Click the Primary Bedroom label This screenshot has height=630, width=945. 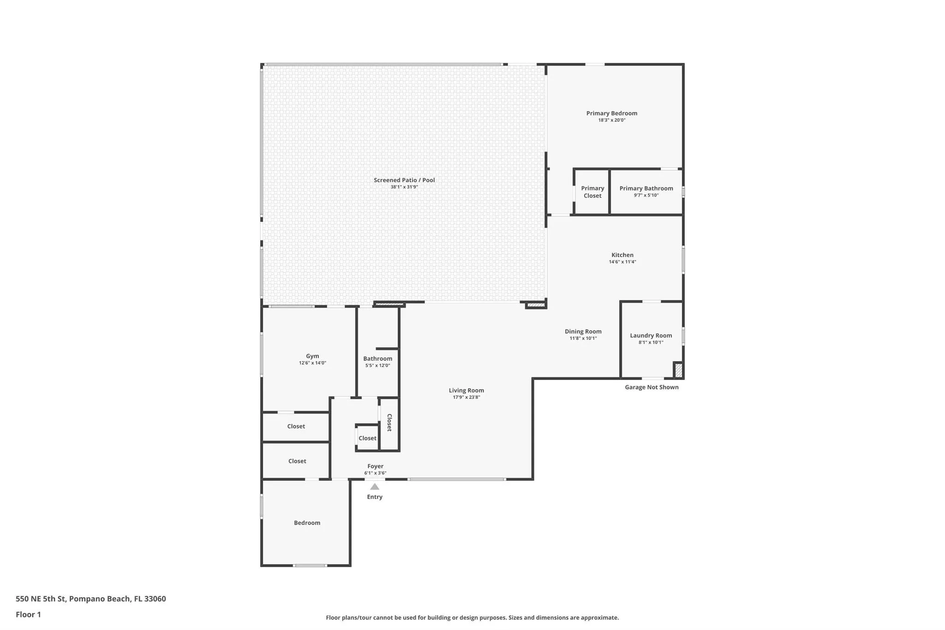click(x=611, y=113)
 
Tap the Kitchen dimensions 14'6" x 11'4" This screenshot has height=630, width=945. click(x=622, y=262)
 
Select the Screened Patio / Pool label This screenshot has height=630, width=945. click(x=404, y=180)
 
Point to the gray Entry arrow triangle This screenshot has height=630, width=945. click(x=375, y=486)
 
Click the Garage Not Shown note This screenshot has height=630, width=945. click(x=652, y=387)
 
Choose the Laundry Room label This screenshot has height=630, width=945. click(x=651, y=336)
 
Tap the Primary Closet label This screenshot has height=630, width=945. click(x=592, y=192)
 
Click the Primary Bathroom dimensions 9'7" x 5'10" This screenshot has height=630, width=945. click(x=646, y=195)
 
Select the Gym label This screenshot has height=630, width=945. click(x=312, y=356)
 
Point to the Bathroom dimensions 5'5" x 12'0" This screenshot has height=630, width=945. click(x=377, y=366)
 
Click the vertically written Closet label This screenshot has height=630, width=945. click(x=389, y=422)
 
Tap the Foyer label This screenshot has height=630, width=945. click(x=375, y=466)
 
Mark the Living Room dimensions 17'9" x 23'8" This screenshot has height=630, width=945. click(x=466, y=397)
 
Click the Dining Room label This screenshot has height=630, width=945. click(x=583, y=331)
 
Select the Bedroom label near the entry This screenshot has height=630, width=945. click(x=307, y=523)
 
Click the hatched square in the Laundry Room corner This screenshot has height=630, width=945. click(x=678, y=370)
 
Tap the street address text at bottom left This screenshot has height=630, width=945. click(x=91, y=599)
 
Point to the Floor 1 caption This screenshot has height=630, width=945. click(x=28, y=614)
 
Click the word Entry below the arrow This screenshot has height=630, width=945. click(x=375, y=497)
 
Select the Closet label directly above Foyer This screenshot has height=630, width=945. click(x=367, y=438)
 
